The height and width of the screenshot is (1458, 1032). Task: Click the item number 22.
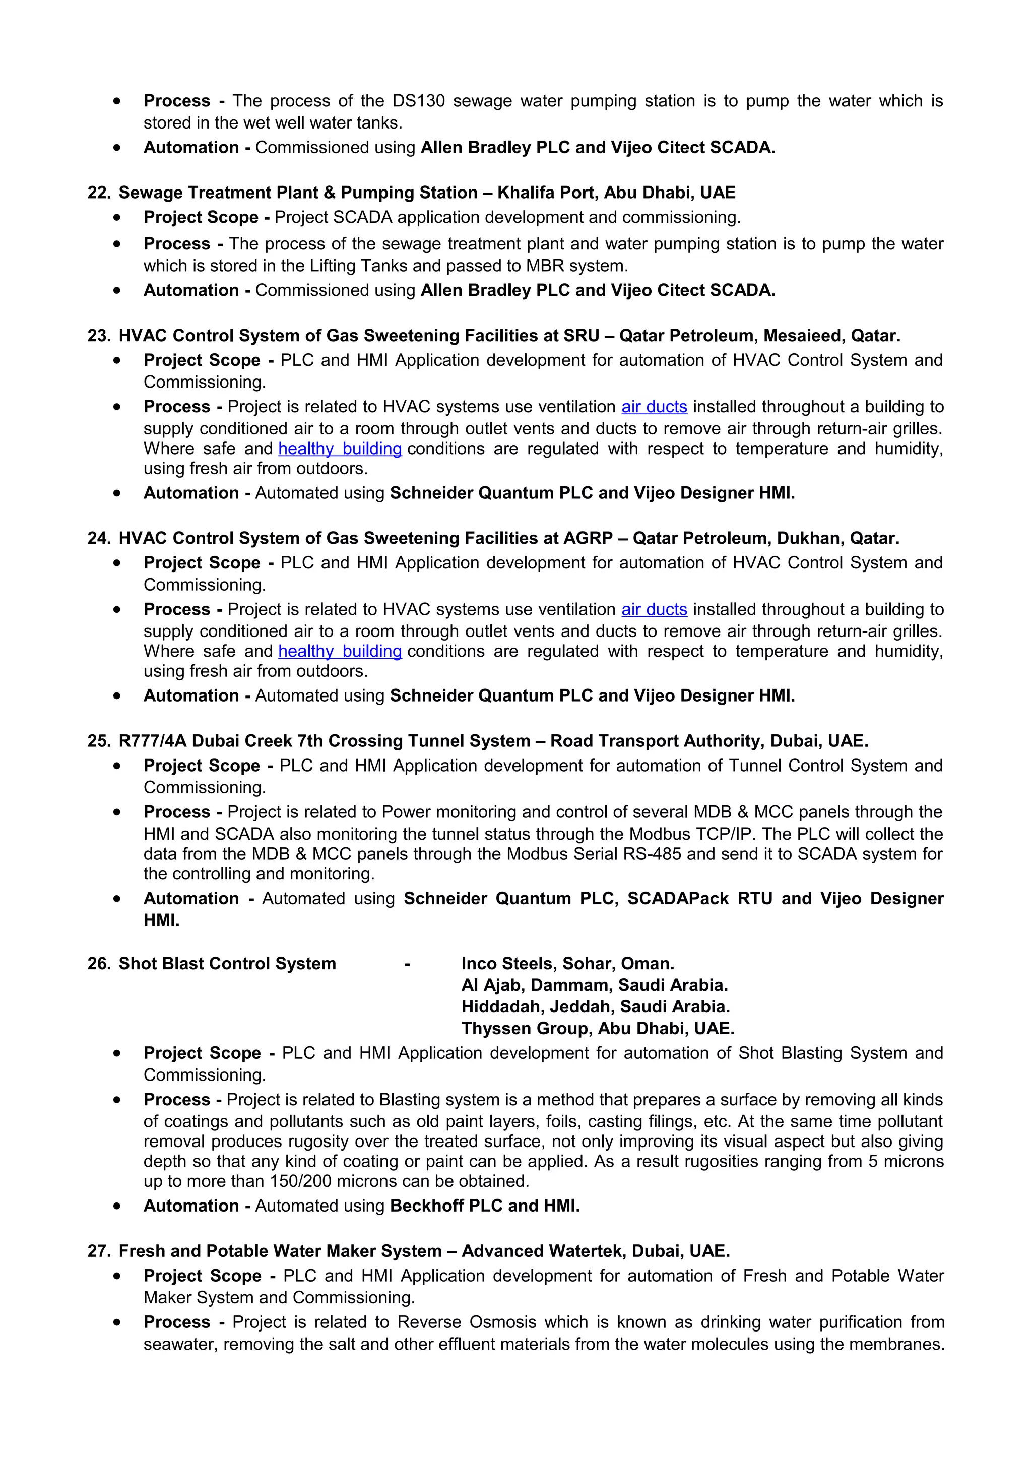[x=98, y=193]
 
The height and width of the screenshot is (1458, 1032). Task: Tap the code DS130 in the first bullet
[x=418, y=101]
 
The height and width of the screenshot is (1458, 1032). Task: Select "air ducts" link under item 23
[x=654, y=407]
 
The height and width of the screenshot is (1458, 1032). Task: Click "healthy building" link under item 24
[x=340, y=652]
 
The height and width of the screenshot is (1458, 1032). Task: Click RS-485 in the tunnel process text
[x=650, y=854]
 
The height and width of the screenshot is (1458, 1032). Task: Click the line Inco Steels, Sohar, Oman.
[x=567, y=964]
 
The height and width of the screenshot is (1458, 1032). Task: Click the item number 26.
[x=98, y=964]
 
